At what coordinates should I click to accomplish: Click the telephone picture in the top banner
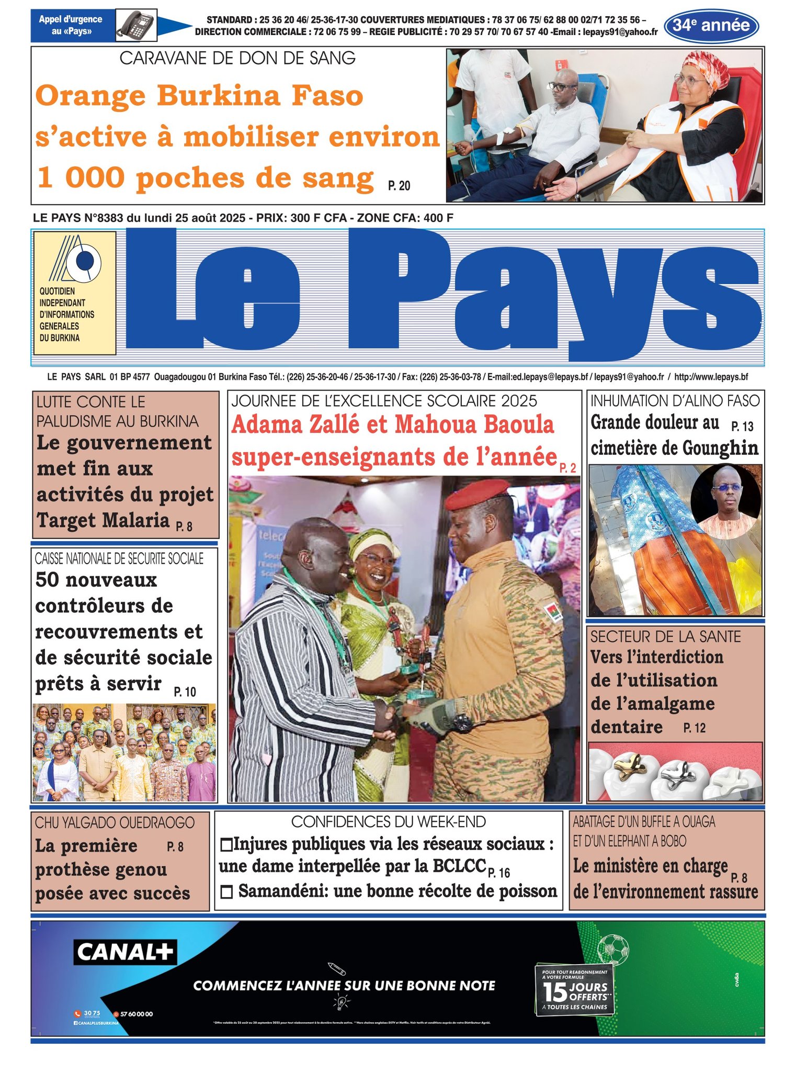pyautogui.click(x=135, y=25)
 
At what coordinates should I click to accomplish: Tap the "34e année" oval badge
pyautogui.click(x=711, y=25)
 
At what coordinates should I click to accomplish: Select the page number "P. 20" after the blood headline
pyautogui.click(x=399, y=186)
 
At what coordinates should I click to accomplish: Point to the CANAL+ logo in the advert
pyautogui.click(x=125, y=952)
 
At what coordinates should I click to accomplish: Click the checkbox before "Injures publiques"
pyautogui.click(x=226, y=845)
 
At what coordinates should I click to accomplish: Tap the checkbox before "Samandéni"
pyautogui.click(x=226, y=892)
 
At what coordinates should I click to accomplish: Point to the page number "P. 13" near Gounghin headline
pyautogui.click(x=742, y=427)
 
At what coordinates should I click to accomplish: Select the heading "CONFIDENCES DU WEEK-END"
pyautogui.click(x=388, y=822)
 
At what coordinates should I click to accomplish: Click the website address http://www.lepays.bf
pyautogui.click(x=711, y=377)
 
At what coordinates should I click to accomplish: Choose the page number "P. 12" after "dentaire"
pyautogui.click(x=694, y=728)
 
